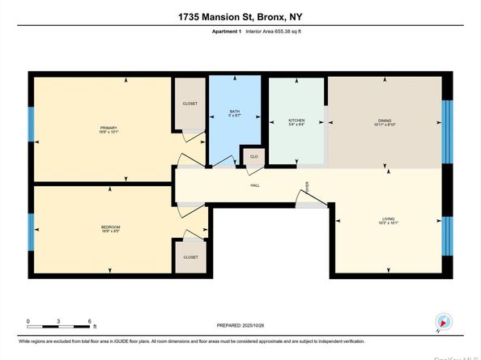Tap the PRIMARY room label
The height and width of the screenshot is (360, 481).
pos(109,128)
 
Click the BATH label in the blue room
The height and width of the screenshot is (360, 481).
pos(234,112)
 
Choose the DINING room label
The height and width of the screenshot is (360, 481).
pos(384,120)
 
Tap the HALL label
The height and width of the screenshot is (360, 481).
pos(253,184)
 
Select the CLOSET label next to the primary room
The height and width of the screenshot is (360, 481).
pos(190,104)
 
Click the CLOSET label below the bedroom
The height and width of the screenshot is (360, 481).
pos(190,256)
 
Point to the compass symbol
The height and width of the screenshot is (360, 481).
pos(442,322)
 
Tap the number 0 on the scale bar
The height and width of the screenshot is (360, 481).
pos(28,321)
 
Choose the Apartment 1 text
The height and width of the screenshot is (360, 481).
pos(225,31)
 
